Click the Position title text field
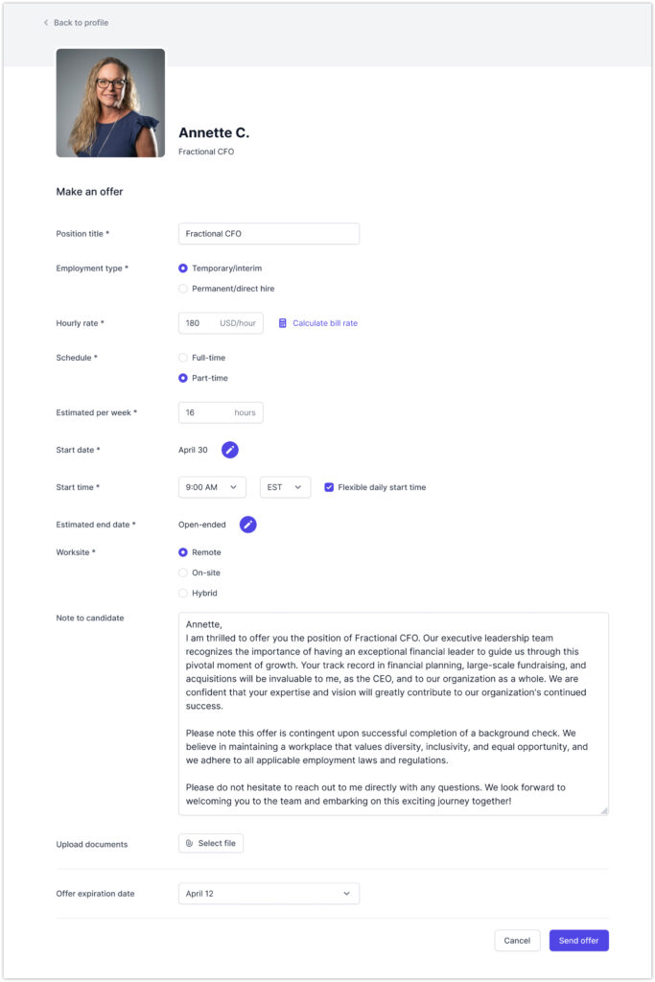point(269,234)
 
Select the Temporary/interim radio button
point(183,269)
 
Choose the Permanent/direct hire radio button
point(183,289)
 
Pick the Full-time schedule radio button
point(183,358)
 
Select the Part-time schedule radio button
point(183,378)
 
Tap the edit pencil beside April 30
point(230,450)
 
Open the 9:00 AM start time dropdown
point(212,487)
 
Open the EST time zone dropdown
point(285,487)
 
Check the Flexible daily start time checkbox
point(329,487)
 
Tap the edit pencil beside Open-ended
point(248,525)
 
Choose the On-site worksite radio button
point(183,573)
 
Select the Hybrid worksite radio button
point(183,593)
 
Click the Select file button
point(211,844)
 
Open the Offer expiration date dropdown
point(269,894)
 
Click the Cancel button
point(517,941)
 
